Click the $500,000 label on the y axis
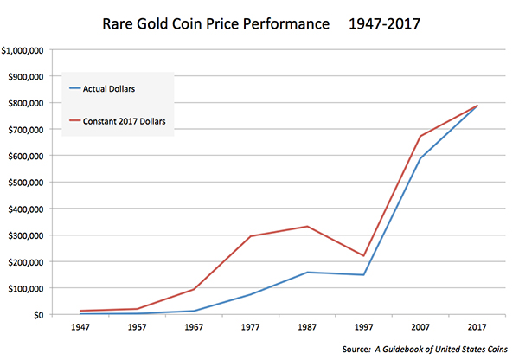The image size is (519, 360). (x=30, y=183)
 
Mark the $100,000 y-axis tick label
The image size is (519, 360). (x=30, y=288)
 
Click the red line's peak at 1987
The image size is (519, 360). (x=307, y=227)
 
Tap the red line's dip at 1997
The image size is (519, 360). (x=363, y=256)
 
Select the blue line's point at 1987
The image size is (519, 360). (x=307, y=273)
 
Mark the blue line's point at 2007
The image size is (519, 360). (x=420, y=157)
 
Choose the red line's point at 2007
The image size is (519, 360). (x=420, y=136)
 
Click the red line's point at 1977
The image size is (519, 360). (x=251, y=236)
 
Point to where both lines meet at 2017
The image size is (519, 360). (x=477, y=106)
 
